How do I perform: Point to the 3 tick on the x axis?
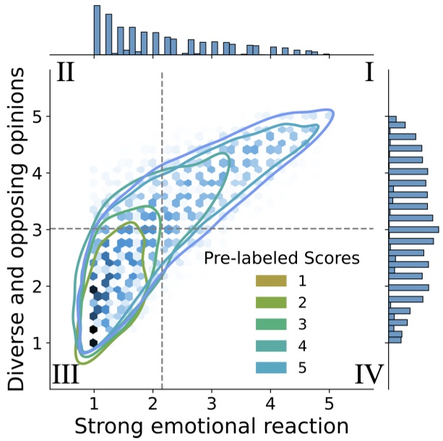[x=211, y=391]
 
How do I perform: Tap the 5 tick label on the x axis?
[x=329, y=403]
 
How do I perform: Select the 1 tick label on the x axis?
[x=94, y=403]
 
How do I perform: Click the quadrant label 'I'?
[x=369, y=73]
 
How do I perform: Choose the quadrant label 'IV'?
[x=369, y=374]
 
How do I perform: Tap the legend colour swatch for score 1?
[x=270, y=280]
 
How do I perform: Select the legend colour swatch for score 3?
[x=270, y=324]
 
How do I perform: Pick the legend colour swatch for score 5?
[x=270, y=368]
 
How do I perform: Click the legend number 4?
[x=302, y=346]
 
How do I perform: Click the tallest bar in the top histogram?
[x=97, y=30]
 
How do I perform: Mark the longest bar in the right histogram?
[x=413, y=230]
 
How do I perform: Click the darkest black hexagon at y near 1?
[x=93, y=341]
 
